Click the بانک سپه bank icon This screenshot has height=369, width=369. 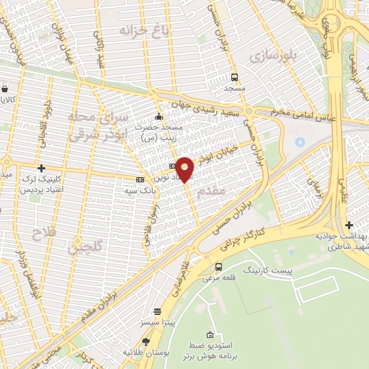pyautogui.click(x=140, y=179)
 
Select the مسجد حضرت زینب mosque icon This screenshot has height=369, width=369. pyautogui.click(x=159, y=117)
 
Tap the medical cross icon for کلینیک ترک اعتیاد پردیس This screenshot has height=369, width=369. pyautogui.click(x=41, y=167)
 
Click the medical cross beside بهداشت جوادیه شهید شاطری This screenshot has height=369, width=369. pyautogui.click(x=350, y=225)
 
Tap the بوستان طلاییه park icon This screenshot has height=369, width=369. pyautogui.click(x=148, y=342)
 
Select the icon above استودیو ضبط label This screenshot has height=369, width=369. pyautogui.click(x=210, y=335)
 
